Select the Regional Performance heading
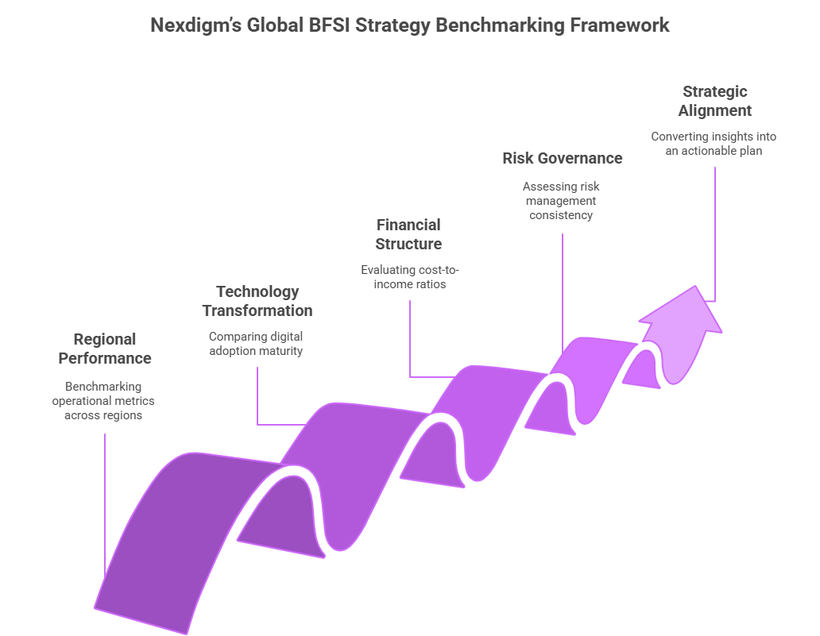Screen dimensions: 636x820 point(105,349)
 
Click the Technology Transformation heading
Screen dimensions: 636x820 point(257,301)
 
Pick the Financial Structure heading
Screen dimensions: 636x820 point(408,234)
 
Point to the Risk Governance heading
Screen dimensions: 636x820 point(562,158)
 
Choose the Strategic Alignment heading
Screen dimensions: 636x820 point(714,101)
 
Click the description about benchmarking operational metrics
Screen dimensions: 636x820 point(105,401)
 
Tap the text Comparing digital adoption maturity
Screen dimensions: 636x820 point(256,343)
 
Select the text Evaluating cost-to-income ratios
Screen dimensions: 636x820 point(409,276)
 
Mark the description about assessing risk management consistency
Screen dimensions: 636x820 point(561,200)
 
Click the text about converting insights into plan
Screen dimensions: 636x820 point(714,143)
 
